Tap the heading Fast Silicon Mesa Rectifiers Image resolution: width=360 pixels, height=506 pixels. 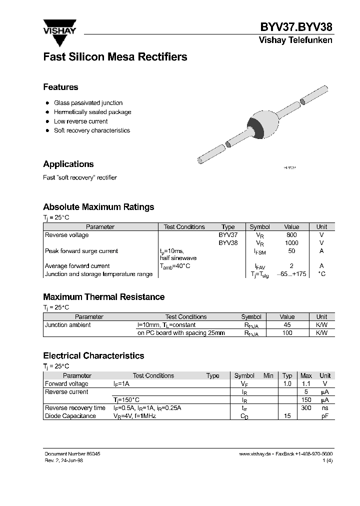point(115,57)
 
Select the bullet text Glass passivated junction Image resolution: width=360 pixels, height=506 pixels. point(88,102)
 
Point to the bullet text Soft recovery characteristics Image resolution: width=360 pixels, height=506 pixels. point(91,130)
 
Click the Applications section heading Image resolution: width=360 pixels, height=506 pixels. point(68,164)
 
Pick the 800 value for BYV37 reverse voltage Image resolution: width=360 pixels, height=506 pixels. point(291,235)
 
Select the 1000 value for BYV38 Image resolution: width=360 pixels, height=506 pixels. point(291,243)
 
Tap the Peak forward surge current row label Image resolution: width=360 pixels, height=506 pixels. point(81,251)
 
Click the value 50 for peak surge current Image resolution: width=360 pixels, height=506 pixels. point(291,251)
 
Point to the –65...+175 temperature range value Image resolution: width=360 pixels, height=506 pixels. point(291,274)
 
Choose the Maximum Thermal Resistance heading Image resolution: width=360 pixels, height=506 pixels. point(103,297)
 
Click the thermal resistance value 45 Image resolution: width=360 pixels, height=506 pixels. point(287,325)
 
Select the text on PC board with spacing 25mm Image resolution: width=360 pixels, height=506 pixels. point(181,333)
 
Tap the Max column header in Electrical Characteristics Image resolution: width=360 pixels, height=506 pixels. point(306,376)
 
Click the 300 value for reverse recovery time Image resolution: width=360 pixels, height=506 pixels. point(306,408)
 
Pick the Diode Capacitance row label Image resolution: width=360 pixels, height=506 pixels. point(70,416)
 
